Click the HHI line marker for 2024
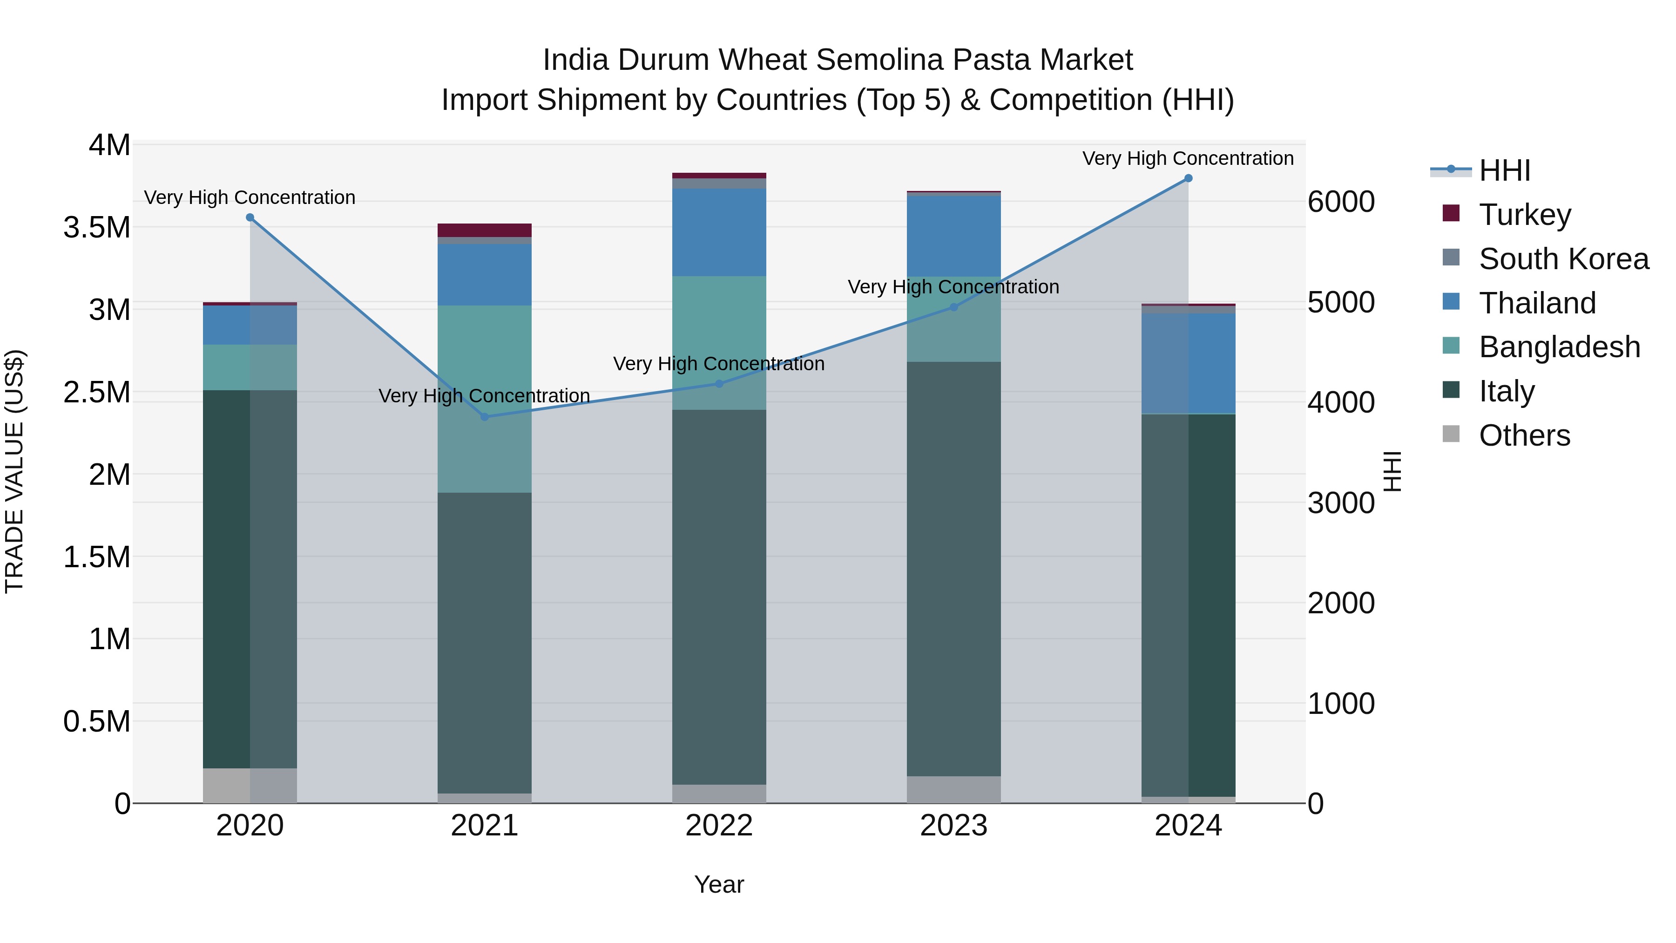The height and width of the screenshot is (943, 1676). tap(1188, 178)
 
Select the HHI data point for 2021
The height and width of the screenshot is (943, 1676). tap(485, 416)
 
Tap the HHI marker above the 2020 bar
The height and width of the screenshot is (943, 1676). tap(250, 217)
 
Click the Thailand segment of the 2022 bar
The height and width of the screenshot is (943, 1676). tap(719, 232)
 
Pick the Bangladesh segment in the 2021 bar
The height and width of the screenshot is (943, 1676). tap(485, 398)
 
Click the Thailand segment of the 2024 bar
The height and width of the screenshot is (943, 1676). tap(1188, 364)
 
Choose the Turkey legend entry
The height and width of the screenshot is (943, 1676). tap(1524, 215)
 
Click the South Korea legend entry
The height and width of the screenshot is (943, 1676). tap(1563, 259)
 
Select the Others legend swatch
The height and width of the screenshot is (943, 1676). tap(1451, 434)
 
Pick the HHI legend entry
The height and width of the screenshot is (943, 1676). tap(1504, 170)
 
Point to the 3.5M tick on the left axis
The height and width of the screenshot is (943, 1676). tap(97, 228)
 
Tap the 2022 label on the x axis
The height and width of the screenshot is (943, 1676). tap(719, 826)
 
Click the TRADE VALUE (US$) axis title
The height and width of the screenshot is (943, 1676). tap(14, 471)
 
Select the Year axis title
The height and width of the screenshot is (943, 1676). tap(719, 884)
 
